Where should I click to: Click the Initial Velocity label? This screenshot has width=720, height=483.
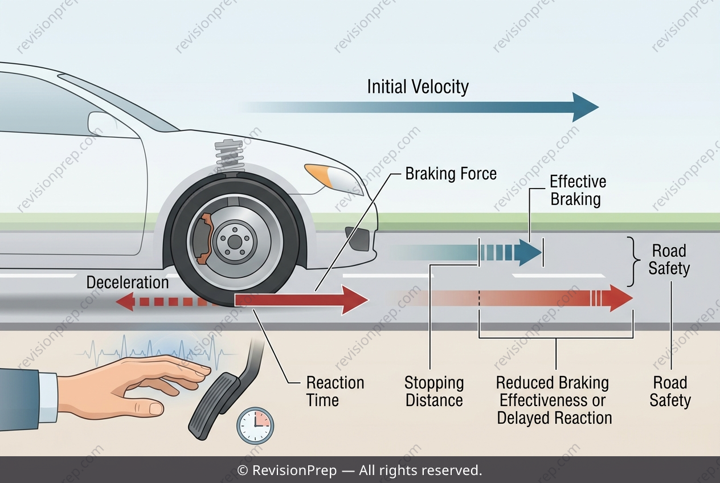tap(418, 87)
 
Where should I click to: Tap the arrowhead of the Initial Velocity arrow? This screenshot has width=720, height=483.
tap(585, 107)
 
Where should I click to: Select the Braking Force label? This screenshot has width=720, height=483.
tap(451, 174)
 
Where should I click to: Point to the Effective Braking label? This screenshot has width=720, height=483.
tap(578, 190)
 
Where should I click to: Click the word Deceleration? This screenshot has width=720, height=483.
tap(128, 283)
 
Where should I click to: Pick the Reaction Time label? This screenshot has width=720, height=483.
tap(336, 391)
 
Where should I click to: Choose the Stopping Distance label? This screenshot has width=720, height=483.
tap(434, 391)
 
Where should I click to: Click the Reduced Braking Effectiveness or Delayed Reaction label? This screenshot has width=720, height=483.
tap(554, 400)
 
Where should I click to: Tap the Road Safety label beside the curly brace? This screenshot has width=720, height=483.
tap(669, 259)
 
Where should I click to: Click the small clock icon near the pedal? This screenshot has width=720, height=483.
tap(255, 426)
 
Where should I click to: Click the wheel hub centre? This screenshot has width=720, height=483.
tap(235, 241)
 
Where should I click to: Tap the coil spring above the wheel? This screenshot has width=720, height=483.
tap(230, 156)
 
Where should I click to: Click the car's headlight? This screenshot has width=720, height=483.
tap(334, 178)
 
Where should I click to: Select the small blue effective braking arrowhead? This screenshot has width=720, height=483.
tap(529, 252)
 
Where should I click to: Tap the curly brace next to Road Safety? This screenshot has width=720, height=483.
tap(632, 262)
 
